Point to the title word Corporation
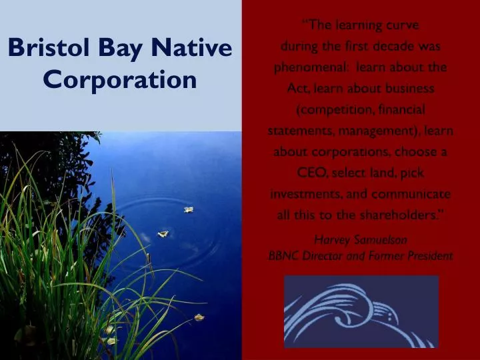pos(120,80)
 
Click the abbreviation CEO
pos(311,173)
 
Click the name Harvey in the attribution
pos(331,239)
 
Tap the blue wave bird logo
pos(361,311)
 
